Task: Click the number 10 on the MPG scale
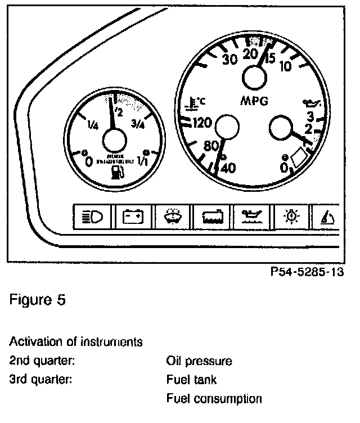(285, 66)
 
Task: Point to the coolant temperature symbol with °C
(196, 103)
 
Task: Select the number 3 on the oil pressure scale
(309, 116)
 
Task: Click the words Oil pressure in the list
(199, 361)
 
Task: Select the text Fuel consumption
(214, 399)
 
